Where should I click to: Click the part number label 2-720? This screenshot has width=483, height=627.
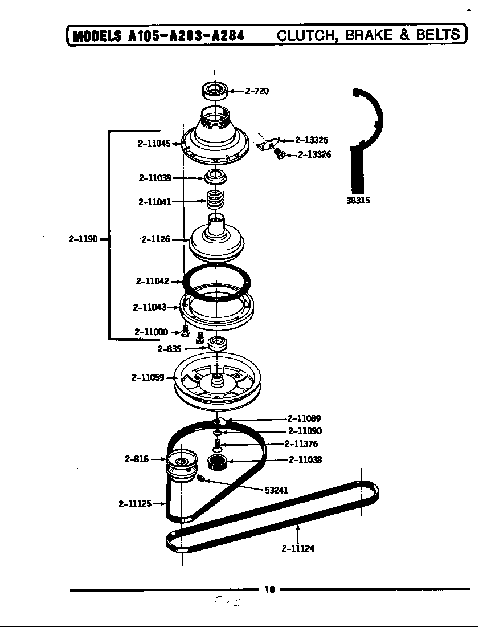tap(257, 91)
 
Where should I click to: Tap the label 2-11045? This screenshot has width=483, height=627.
tap(154, 144)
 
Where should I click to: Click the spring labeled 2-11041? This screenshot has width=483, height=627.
tap(215, 200)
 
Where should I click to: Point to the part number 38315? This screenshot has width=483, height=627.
tap(358, 201)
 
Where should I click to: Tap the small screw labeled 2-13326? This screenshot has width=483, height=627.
tap(280, 153)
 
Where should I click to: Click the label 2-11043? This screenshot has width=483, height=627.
tap(149, 307)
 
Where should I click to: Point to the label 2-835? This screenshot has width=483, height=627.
tap(170, 349)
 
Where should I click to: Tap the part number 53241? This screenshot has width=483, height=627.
tap(276, 490)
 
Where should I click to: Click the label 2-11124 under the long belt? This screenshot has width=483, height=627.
tap(298, 549)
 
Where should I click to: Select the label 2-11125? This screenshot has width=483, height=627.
tap(135, 503)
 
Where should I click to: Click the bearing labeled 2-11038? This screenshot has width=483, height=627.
tap(216, 462)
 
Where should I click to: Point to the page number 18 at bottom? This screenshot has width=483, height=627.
tap(270, 590)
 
